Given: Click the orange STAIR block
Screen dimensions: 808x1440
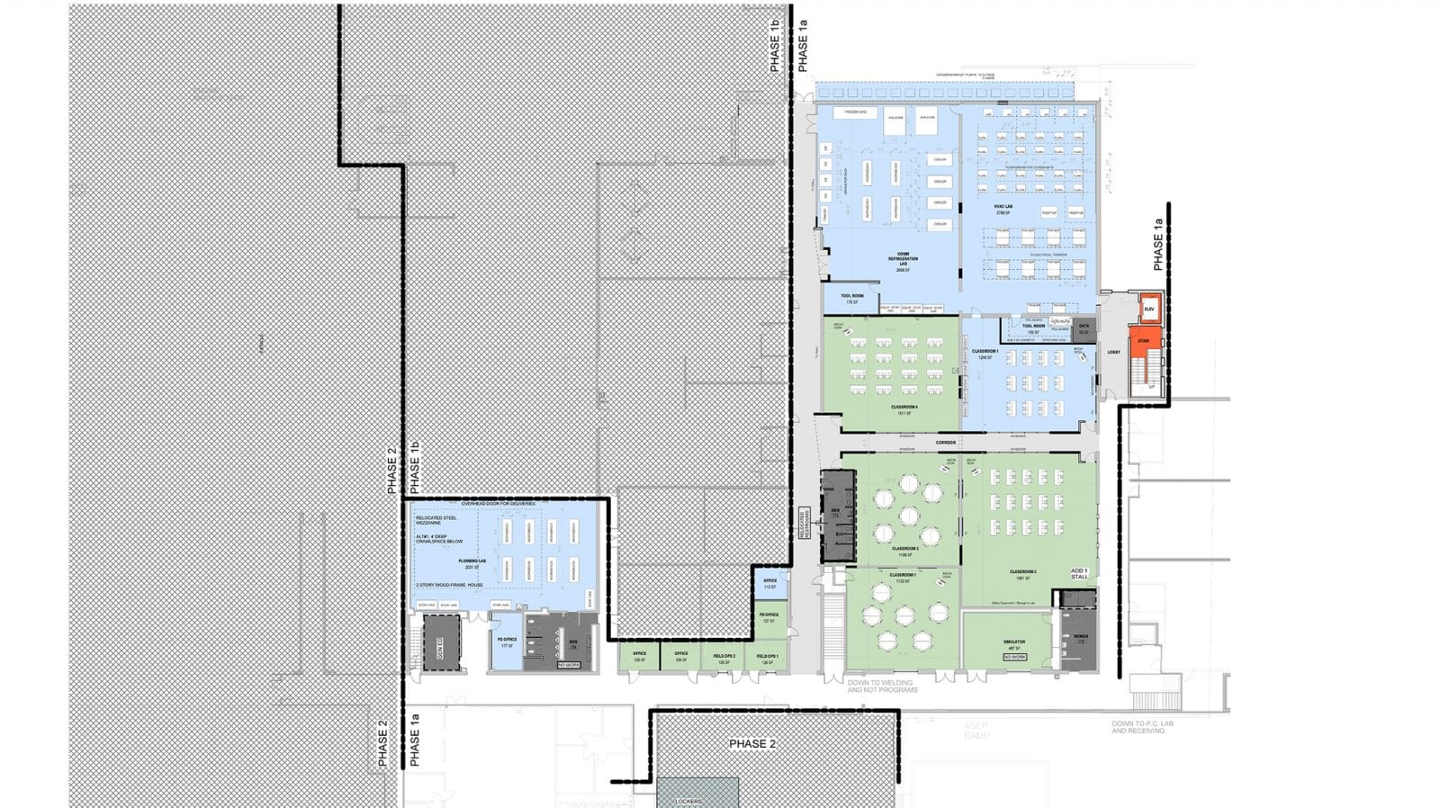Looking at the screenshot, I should [x=1143, y=342].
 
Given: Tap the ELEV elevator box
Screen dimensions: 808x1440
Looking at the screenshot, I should [x=1148, y=309].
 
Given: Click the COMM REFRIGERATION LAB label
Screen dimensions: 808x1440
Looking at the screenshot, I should [x=903, y=259].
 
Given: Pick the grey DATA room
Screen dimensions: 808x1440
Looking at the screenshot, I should [x=1084, y=328].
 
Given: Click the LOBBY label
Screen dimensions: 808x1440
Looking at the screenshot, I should [x=1113, y=352].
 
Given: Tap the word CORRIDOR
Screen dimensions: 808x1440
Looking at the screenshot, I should [x=945, y=443].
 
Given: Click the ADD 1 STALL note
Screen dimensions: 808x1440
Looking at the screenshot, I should [x=1079, y=573].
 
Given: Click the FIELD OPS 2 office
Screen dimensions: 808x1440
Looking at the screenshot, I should [x=724, y=657].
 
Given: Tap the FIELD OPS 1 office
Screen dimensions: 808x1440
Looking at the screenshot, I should [x=767, y=657].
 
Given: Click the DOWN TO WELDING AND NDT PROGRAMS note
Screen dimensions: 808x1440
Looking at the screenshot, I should [x=882, y=686].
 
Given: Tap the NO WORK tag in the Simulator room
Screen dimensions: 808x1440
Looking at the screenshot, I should [x=1014, y=657].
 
